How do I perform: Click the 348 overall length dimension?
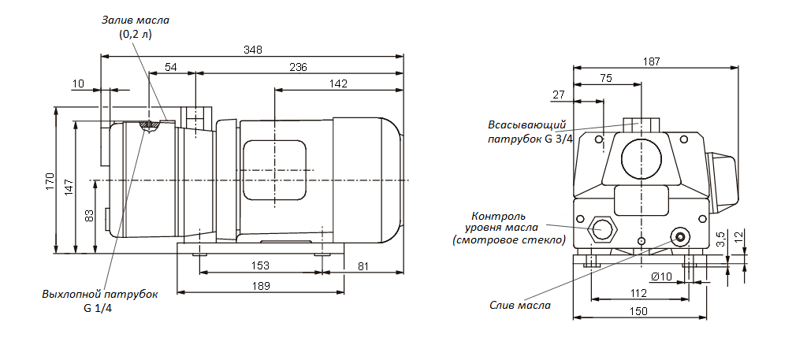click(x=252, y=50)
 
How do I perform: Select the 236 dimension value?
click(x=298, y=68)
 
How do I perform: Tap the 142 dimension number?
click(x=338, y=84)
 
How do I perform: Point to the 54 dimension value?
click(x=170, y=68)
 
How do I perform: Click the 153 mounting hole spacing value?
click(x=261, y=265)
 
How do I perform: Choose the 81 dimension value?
click(x=363, y=265)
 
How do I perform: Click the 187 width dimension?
click(x=653, y=61)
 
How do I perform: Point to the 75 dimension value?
click(x=606, y=78)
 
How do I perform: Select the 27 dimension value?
click(x=559, y=95)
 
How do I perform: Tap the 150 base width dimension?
click(x=638, y=311)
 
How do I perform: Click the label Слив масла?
click(x=520, y=305)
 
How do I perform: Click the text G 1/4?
click(x=99, y=307)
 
